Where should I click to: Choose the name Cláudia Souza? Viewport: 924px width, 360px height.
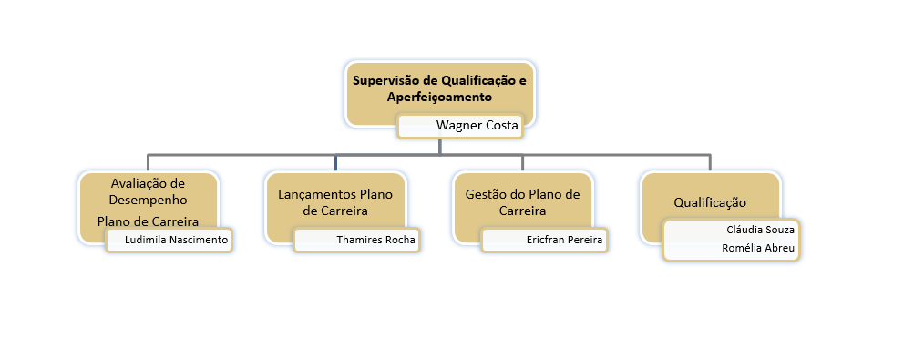[760, 230]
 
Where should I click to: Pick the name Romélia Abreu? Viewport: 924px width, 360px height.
[757, 248]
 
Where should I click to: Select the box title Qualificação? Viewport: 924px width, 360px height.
[710, 201]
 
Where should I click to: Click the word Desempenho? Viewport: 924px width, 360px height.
[148, 198]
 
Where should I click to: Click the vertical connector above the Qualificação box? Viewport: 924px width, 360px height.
[710, 162]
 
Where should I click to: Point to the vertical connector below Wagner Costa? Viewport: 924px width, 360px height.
[439, 146]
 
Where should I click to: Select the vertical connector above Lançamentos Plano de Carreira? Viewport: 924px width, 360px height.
[335, 162]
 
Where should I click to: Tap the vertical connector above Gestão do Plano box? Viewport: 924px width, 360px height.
[523, 162]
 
